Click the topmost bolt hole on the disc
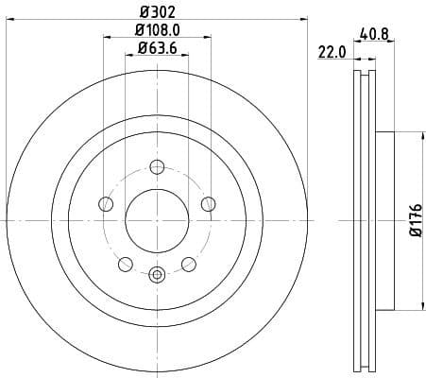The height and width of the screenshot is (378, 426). tap(157, 170)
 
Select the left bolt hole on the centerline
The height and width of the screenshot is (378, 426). tap(106, 203)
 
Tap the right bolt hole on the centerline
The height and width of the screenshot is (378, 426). tap(208, 203)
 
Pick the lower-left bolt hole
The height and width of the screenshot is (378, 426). tap(126, 264)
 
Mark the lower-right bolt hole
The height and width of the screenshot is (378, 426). tap(189, 264)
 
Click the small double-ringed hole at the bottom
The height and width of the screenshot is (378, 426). tap(157, 275)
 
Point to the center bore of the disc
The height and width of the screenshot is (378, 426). tap(157, 220)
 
